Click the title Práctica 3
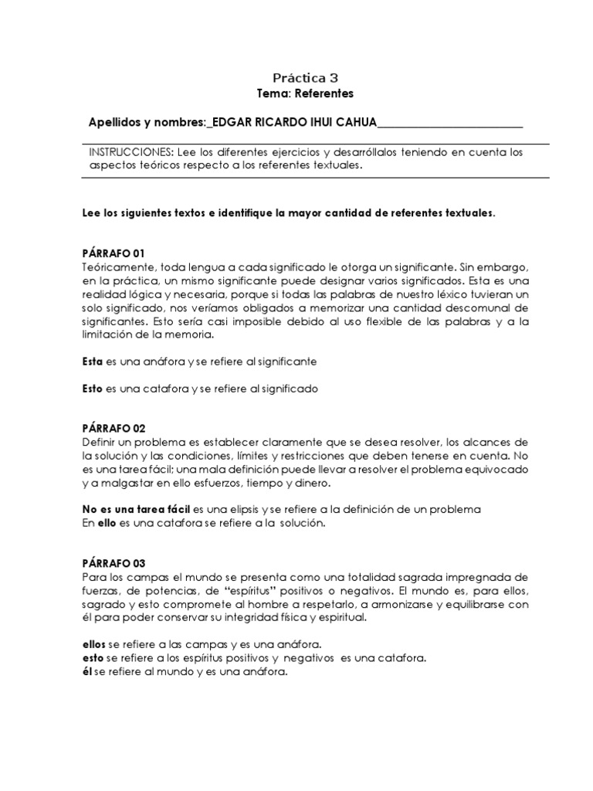tap(305, 77)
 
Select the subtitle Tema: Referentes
tap(305, 93)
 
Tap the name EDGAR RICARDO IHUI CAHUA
tap(293, 122)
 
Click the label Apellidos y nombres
tap(147, 122)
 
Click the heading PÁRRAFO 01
tap(113, 253)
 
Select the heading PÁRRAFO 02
tap(113, 428)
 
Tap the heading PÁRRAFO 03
tap(113, 563)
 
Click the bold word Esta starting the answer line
tap(92, 361)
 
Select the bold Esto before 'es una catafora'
tap(92, 389)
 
